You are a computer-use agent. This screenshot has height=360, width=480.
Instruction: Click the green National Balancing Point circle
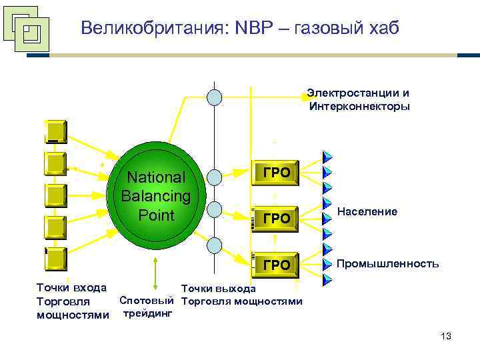pos(155,196)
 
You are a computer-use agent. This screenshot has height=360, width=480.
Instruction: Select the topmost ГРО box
pos(276,173)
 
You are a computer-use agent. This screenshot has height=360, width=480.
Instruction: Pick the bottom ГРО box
pos(276,265)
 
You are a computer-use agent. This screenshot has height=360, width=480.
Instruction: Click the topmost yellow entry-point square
pos(55,131)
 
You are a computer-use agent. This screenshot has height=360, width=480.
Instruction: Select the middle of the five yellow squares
pos(55,195)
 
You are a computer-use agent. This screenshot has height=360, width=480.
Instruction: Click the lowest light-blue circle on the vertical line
pos(214,245)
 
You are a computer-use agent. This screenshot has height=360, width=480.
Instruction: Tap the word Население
pos(367,211)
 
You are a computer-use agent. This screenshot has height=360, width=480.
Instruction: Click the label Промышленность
pos(387,263)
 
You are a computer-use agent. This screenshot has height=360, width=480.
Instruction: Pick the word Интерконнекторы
pos(360,106)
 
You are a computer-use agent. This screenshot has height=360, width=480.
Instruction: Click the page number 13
pos(446,337)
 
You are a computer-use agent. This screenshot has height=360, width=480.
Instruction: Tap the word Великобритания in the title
pos(155,28)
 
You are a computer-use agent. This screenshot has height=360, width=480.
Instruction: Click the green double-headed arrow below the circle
pos(155,273)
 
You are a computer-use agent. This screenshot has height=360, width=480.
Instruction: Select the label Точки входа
pos(71,288)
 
